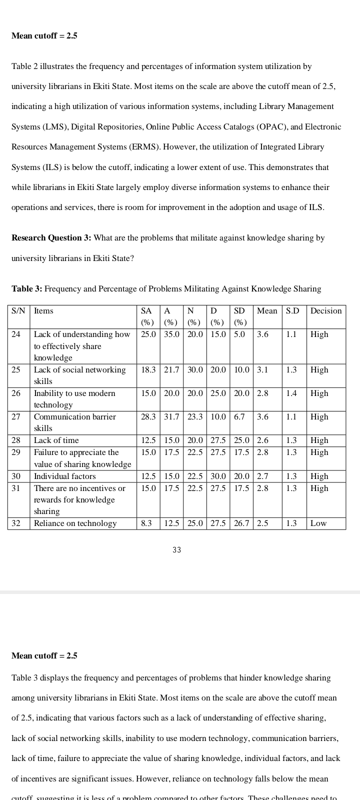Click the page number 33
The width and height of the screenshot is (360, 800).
pos(176,550)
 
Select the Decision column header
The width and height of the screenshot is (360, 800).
pos(326,311)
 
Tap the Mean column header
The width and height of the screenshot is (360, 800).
pos(267,311)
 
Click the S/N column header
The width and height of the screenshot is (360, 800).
pos(18,311)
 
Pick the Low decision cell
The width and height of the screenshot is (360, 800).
pos(318,523)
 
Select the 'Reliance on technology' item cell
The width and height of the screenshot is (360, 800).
pos(75,523)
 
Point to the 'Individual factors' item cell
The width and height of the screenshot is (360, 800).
pos(64,476)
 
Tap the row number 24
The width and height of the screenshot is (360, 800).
pos(16,334)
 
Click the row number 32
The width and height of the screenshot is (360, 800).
pos(16,523)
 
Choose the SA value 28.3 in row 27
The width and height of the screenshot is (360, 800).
pos(148,417)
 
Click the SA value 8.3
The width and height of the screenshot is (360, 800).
pos(146,523)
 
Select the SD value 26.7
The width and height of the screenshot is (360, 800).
pos(241,523)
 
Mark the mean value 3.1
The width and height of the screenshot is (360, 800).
pos(262,370)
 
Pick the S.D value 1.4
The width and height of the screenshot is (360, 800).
pos(291,393)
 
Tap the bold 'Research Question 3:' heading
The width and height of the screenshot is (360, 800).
pos(51,238)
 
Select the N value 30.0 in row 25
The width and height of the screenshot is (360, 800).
pos(195,370)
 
